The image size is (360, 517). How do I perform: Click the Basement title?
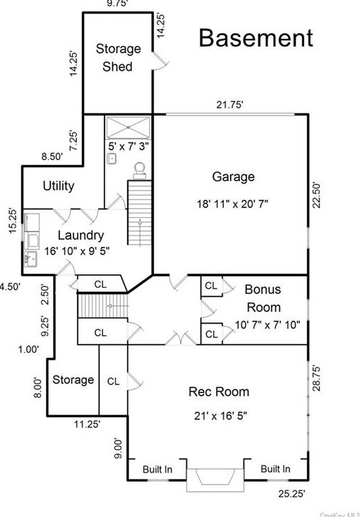[256, 38]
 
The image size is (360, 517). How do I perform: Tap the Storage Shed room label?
[118, 58]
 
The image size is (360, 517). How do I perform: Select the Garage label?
[233, 177]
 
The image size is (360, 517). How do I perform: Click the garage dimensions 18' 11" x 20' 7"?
[233, 204]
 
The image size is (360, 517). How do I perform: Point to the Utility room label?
[59, 186]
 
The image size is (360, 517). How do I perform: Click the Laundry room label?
[81, 235]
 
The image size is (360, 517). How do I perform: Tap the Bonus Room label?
[263, 298]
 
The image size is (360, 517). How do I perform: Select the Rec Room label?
[219, 391]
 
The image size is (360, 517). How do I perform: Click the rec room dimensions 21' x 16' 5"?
[220, 415]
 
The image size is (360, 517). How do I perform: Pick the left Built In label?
[157, 469]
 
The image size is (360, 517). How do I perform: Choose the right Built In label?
[275, 468]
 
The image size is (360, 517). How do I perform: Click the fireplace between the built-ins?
[215, 477]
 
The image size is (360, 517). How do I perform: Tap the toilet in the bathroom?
[140, 171]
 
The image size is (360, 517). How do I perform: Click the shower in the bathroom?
[128, 127]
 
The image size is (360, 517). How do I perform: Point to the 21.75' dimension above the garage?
[230, 105]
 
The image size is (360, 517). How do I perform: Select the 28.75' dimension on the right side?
[316, 378]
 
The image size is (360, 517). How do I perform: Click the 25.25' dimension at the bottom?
[292, 494]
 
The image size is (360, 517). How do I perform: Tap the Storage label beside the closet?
[73, 380]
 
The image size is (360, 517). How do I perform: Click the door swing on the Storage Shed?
[161, 61]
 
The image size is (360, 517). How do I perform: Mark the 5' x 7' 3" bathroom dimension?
[128, 146]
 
